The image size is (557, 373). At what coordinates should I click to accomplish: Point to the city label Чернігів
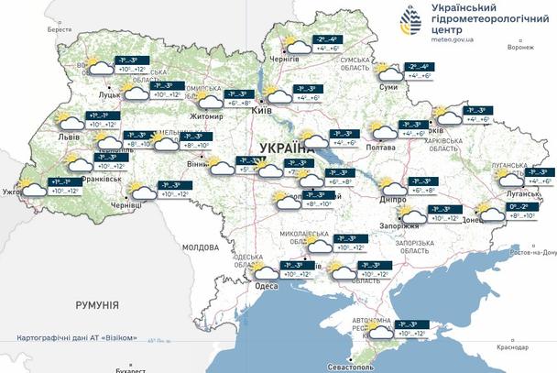point(285,59)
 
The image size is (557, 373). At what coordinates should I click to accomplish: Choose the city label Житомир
point(207,116)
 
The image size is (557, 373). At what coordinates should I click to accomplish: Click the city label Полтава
point(380,147)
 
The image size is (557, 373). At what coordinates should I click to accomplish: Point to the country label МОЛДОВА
point(201,247)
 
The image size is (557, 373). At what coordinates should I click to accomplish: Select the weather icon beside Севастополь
point(378,329)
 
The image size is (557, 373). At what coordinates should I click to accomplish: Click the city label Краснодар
point(513,347)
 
